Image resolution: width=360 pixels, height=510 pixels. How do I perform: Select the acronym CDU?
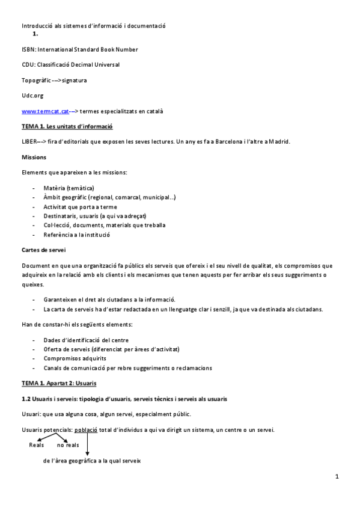(28, 64)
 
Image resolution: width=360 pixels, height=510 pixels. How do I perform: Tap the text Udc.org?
(32, 96)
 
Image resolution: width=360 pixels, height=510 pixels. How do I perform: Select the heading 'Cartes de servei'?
(43, 249)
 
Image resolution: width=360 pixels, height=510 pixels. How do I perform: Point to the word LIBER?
(29, 142)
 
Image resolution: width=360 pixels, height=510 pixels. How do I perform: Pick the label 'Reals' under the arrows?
(37, 445)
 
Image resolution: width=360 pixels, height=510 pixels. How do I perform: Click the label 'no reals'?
(68, 445)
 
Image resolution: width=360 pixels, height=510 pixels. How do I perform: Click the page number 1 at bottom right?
(338, 477)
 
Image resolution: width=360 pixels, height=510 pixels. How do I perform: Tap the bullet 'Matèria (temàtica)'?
(69, 188)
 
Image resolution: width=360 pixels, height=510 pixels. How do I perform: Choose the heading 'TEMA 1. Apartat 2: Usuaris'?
(59, 383)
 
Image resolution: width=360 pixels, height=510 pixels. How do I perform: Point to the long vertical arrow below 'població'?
(88, 445)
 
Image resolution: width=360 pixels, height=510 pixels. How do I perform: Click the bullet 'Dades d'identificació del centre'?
(86, 340)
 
